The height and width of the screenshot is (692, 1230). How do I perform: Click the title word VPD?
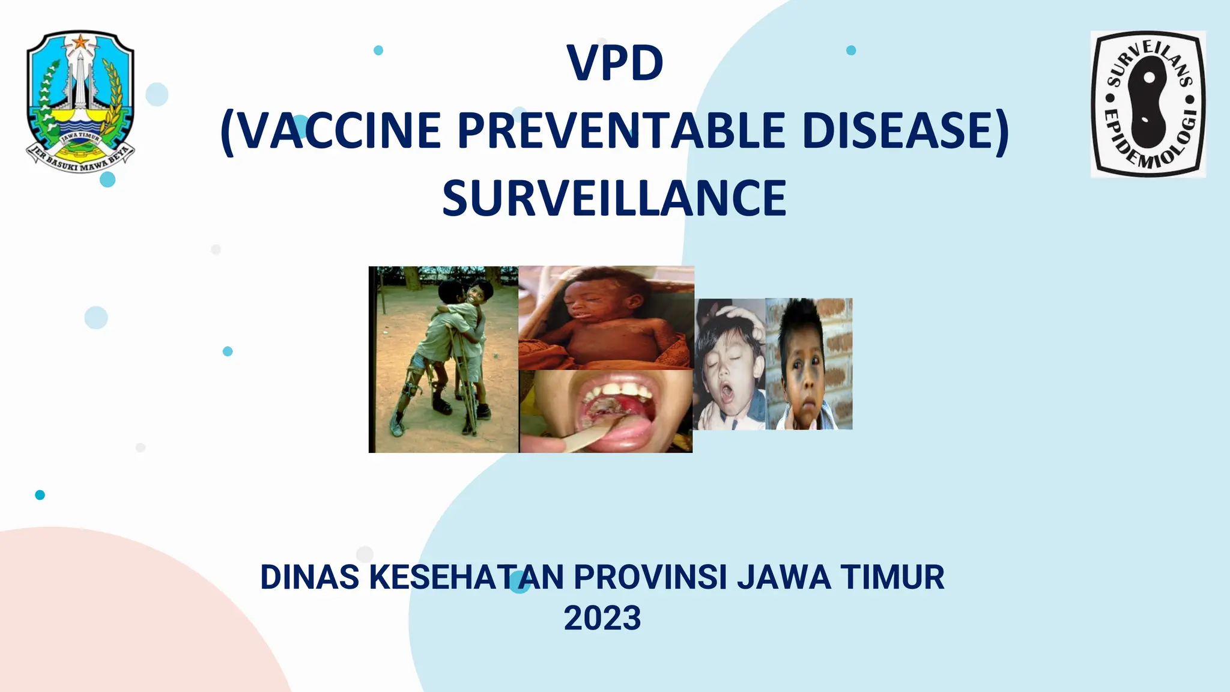pyautogui.click(x=615, y=63)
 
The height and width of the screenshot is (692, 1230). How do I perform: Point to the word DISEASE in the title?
pyautogui.click(x=898, y=130)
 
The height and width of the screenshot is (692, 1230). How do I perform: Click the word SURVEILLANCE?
pyautogui.click(x=614, y=198)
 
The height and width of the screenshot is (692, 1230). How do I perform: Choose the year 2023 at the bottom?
pyautogui.click(x=602, y=618)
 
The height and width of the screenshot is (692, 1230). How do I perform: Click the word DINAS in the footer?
pyautogui.click(x=310, y=577)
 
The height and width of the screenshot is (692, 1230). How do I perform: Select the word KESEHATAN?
pyautogui.click(x=467, y=577)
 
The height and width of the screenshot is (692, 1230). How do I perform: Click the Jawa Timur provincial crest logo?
pyautogui.click(x=80, y=101)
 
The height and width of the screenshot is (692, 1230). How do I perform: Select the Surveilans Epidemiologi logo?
pyautogui.click(x=1148, y=104)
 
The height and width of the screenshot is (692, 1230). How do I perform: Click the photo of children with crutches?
pyautogui.click(x=443, y=359)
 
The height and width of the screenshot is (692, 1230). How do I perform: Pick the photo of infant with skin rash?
pyautogui.click(x=606, y=317)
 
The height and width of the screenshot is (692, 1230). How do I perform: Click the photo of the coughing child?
pyautogui.click(x=730, y=364)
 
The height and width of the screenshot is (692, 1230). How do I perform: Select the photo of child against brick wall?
pyautogui.click(x=809, y=364)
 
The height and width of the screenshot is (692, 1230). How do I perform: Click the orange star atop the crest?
pyautogui.click(x=80, y=42)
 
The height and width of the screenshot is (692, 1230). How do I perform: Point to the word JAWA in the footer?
pyautogui.click(x=784, y=577)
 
